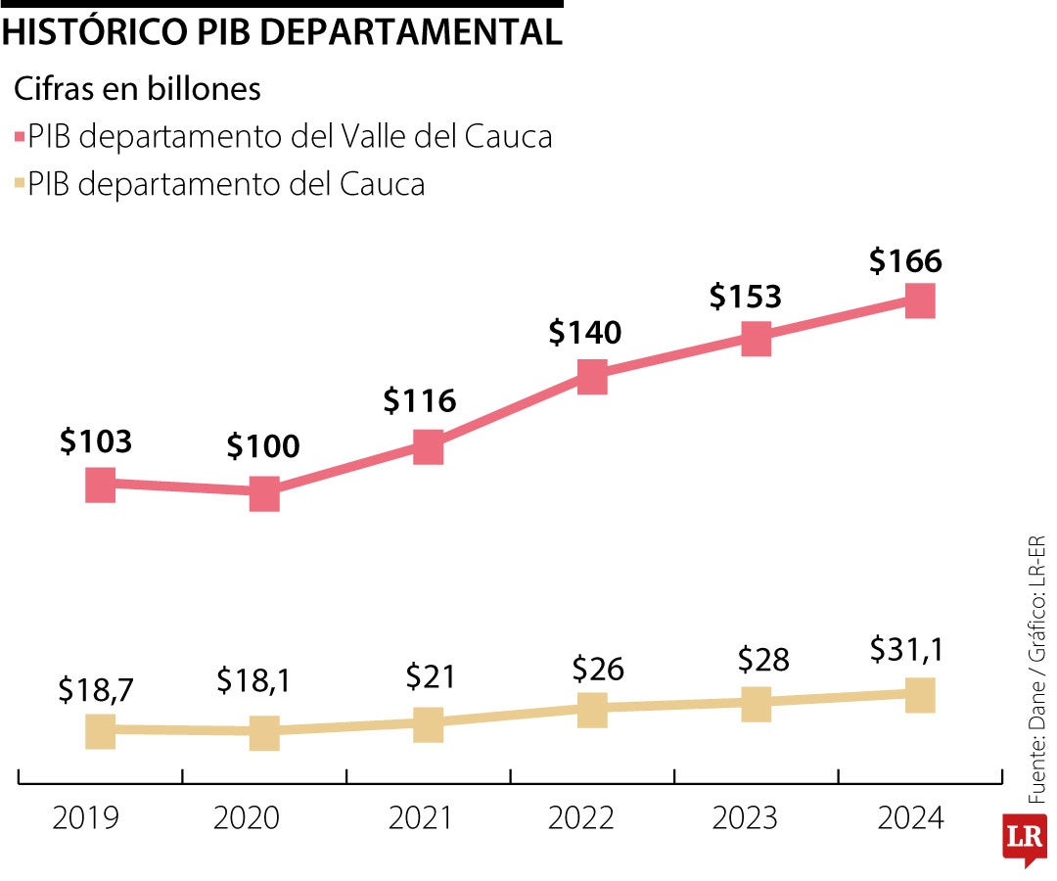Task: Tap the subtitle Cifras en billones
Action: point(137,89)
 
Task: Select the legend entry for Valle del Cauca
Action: point(289,137)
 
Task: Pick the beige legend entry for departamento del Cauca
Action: point(226,184)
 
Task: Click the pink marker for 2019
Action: point(100,484)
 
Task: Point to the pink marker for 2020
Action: point(264,493)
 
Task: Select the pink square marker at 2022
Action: point(592,375)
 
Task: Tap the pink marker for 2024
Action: point(919,301)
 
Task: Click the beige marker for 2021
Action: point(428,724)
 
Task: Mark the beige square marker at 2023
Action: point(756,703)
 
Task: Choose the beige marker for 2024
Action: point(919,694)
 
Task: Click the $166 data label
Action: point(905,261)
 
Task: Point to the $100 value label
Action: point(263,447)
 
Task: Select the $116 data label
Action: point(419,400)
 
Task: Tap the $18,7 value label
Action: point(95,690)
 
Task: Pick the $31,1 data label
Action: point(906,650)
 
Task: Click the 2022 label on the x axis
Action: point(581,817)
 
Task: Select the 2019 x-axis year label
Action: point(86,817)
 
